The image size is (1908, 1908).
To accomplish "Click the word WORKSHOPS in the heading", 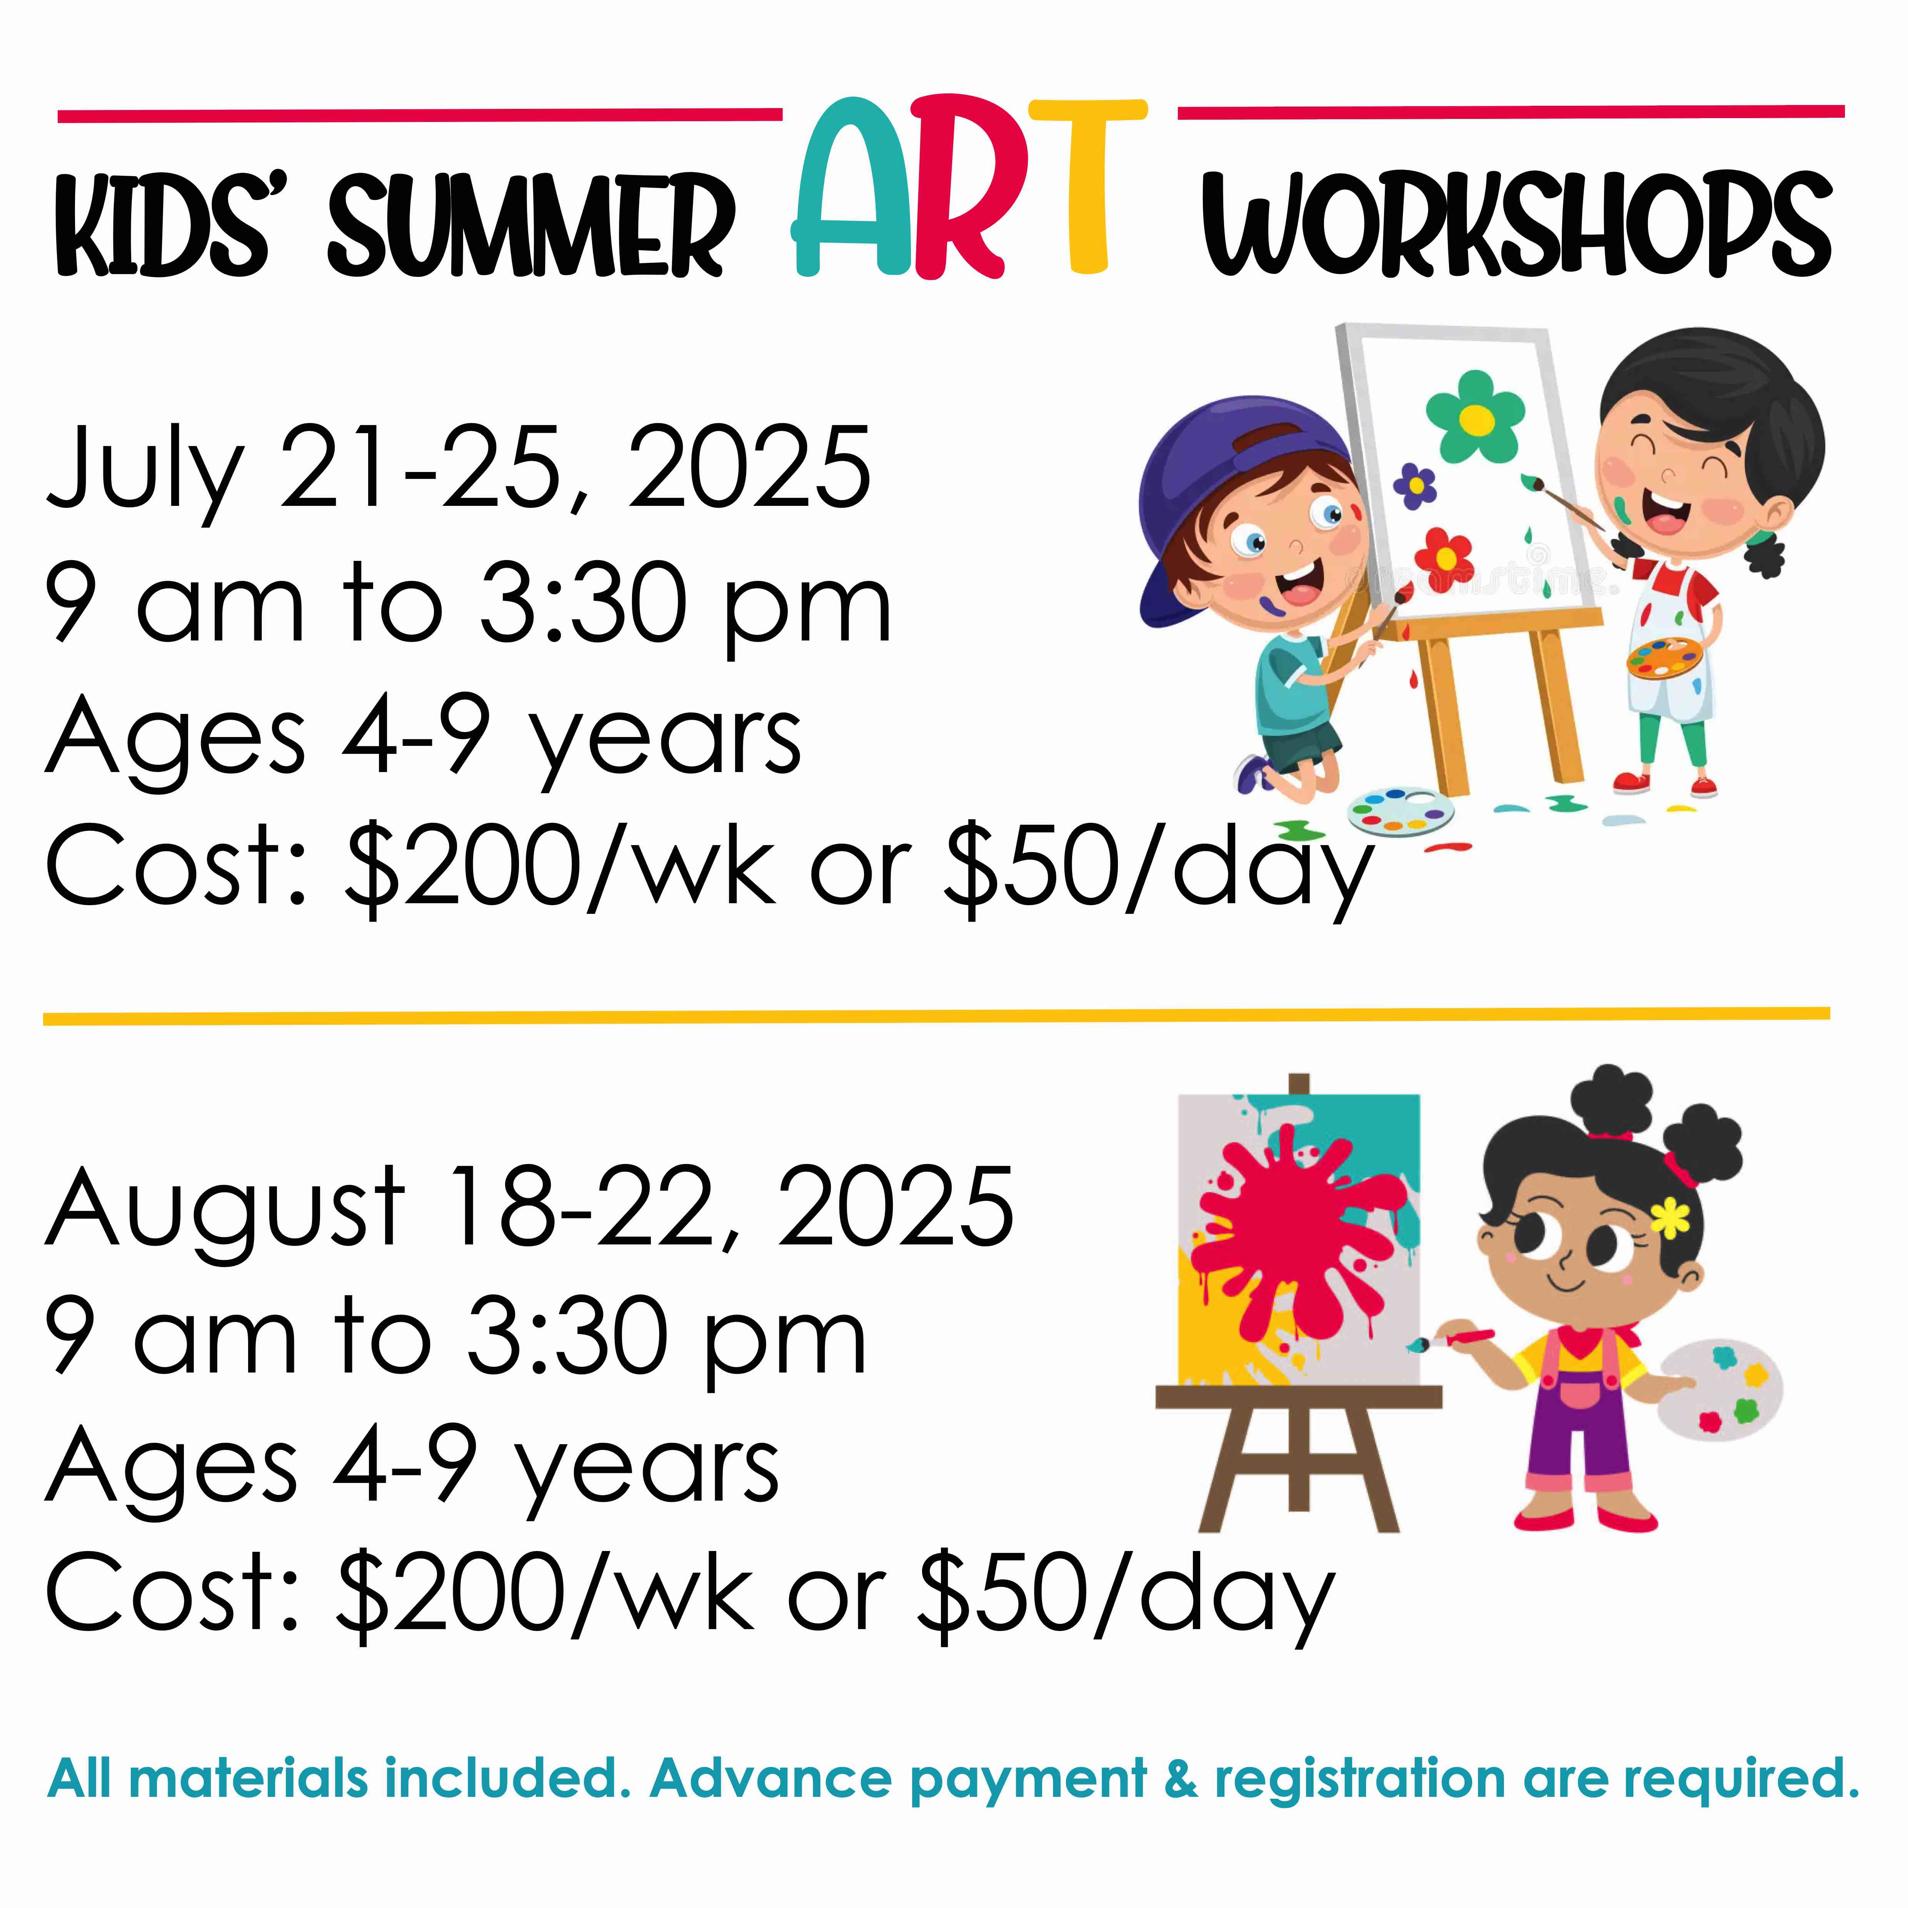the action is pos(1516,225).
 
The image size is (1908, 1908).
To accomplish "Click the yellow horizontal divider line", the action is pos(936,1016).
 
